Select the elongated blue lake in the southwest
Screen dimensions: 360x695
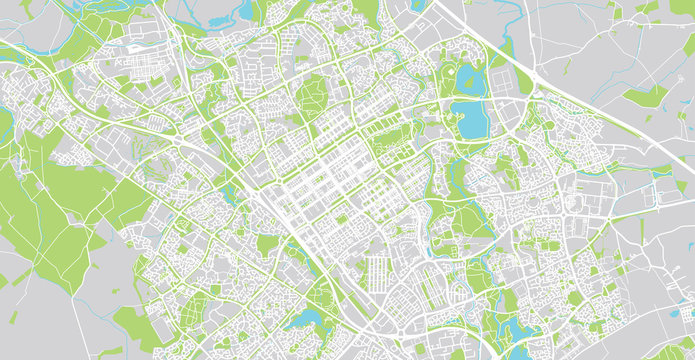click(x=304, y=320)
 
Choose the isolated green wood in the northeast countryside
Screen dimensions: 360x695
click(x=646, y=96)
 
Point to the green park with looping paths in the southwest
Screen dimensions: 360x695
click(x=320, y=294)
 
